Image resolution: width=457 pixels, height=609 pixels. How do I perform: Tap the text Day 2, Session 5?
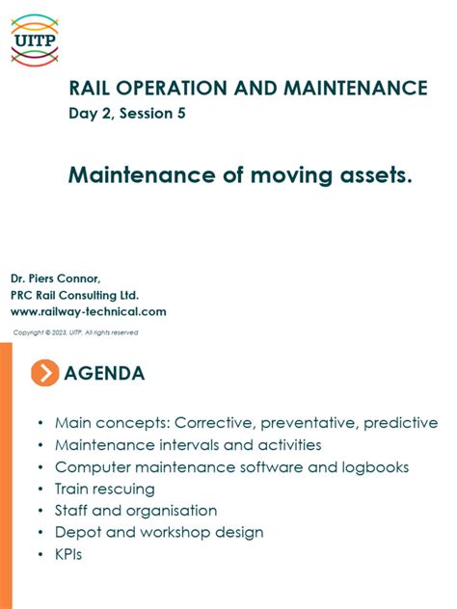pos(126,114)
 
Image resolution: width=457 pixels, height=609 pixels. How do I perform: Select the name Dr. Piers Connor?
pos(56,279)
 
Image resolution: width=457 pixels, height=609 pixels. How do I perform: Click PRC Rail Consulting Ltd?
pos(75,295)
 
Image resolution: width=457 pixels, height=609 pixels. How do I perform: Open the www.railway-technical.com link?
pos(89,311)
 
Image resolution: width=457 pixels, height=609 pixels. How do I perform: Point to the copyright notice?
pos(75,332)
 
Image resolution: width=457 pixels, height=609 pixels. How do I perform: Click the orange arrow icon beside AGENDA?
pos(44,373)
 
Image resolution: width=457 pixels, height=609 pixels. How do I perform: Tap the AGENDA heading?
pos(104,374)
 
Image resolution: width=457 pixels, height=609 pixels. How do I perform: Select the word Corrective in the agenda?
pos(223,423)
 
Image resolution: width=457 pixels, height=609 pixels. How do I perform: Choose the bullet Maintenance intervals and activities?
pos(188,445)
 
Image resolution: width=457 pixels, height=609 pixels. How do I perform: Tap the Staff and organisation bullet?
pos(136,511)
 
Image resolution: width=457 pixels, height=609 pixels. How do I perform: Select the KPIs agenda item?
pos(68,554)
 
